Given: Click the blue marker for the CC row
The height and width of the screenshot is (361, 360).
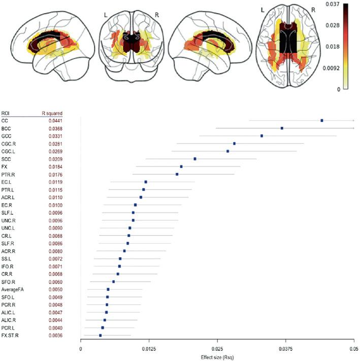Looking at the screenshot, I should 322,121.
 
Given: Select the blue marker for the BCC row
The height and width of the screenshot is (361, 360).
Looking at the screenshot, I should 282,128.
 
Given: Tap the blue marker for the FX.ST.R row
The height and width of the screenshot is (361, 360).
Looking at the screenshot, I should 101,336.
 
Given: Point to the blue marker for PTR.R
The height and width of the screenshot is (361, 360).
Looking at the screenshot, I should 177,174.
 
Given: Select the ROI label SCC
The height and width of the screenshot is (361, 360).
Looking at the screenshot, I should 7,159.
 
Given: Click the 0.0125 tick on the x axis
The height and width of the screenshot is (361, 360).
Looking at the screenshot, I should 149,350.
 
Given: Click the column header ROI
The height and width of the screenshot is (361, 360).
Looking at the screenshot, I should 6,112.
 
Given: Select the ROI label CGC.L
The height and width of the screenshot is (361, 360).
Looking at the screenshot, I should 9,152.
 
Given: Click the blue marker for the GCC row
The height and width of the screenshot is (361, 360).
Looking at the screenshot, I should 261,136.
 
